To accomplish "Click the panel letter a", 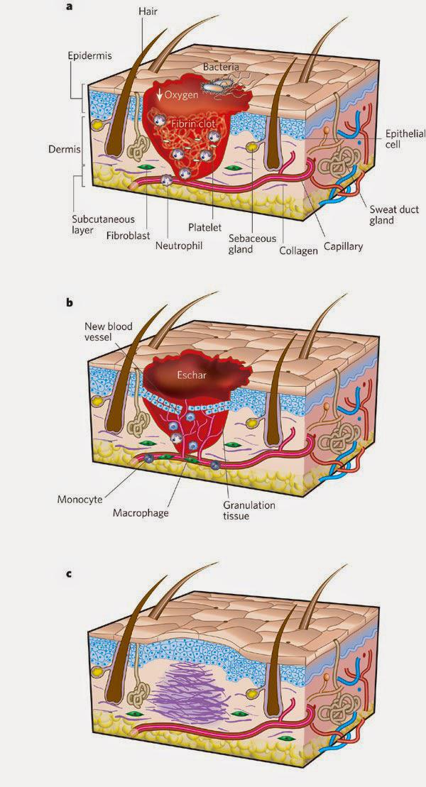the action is coord(70,9).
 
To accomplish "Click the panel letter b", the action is coord(70,304).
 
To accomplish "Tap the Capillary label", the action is coord(344,246).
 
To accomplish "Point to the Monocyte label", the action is coord(78,500).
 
